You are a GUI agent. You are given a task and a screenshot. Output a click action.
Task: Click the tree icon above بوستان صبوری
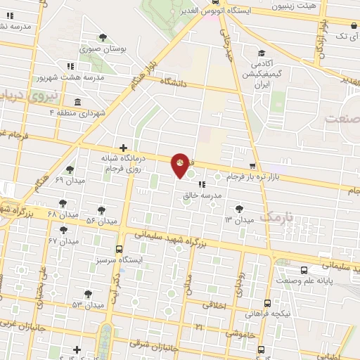point(103,37)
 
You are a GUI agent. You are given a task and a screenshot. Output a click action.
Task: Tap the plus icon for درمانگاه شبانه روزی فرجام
point(124,148)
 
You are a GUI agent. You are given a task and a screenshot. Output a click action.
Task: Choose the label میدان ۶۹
point(69,181)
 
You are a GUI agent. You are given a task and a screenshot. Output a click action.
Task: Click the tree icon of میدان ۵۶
point(101,210)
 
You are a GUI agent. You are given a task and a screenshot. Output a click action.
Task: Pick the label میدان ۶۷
point(62,240)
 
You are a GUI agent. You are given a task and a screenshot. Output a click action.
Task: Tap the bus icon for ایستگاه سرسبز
point(118,249)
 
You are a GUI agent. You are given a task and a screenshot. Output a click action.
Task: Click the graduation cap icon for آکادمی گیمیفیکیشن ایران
point(262,53)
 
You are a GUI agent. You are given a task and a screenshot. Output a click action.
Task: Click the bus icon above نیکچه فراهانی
point(266,303)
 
